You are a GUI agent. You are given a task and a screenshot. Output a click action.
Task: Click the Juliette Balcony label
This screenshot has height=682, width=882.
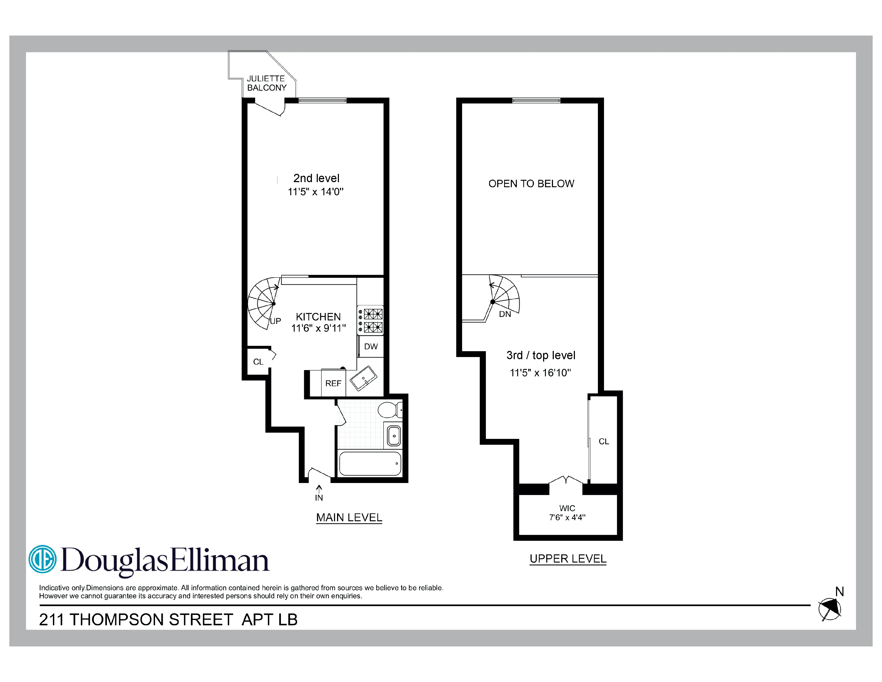[x=266, y=83]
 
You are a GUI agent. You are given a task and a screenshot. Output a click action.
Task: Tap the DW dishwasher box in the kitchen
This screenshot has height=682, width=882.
[x=371, y=347]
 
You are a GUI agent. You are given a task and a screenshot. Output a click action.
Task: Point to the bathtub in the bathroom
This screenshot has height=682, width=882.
[x=370, y=464]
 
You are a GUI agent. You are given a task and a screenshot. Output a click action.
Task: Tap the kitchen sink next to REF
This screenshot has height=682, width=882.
[x=363, y=378]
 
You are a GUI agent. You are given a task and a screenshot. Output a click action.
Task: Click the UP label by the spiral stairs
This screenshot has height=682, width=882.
[x=275, y=321]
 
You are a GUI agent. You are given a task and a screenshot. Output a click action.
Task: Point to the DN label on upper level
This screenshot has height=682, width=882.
[x=505, y=314]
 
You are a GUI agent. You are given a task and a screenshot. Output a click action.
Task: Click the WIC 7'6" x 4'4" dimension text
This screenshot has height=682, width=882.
[x=567, y=518]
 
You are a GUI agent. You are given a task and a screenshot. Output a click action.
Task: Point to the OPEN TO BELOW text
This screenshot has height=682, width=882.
[x=531, y=184]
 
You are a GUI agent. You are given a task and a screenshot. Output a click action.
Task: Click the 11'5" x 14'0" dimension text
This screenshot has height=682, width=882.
[x=315, y=192]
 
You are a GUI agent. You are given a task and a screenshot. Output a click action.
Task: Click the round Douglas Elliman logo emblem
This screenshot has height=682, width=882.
[x=43, y=559]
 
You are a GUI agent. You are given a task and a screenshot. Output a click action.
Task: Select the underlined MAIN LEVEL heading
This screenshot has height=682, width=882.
[x=349, y=518]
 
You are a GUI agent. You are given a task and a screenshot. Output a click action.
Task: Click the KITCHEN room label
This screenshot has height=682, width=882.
[x=318, y=317]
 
